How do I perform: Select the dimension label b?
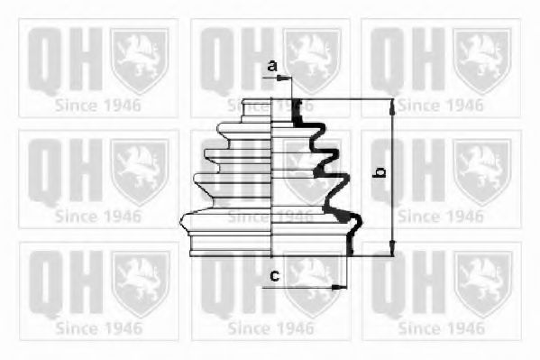point(381,171)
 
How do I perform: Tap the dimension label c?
point(273,276)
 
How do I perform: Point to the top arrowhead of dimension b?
point(391,106)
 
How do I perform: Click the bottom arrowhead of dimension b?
point(391,250)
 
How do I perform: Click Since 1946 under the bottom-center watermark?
point(270,328)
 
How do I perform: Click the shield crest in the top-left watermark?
point(139,60)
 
